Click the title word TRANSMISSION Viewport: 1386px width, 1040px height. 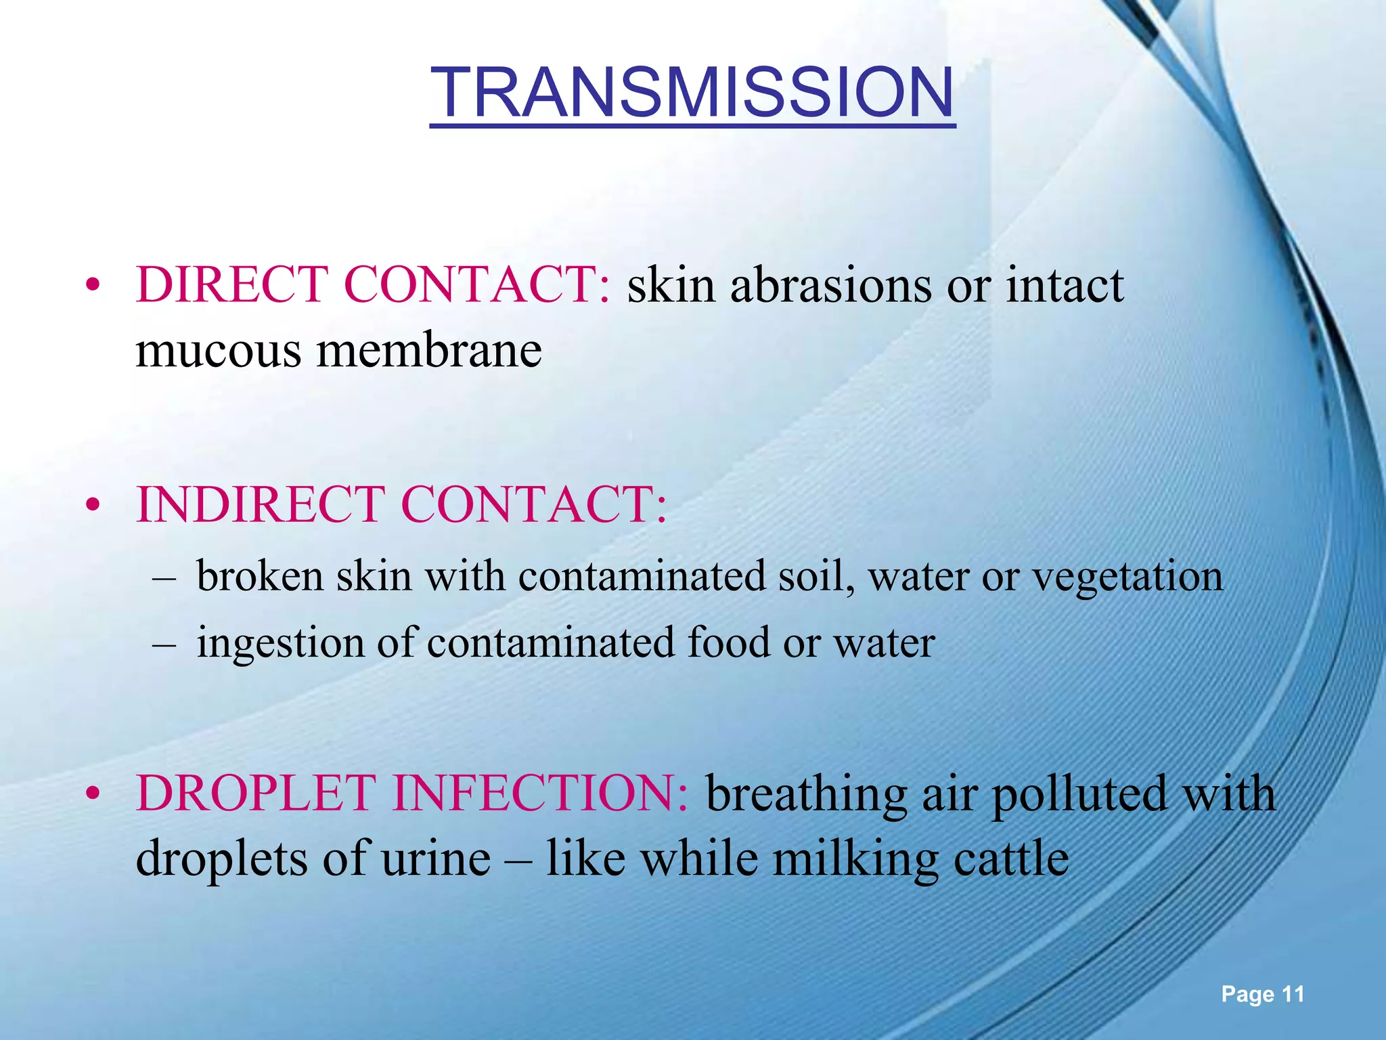692,93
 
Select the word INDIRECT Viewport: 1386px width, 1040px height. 261,505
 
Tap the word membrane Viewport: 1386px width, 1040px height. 429,351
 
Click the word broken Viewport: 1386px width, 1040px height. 260,577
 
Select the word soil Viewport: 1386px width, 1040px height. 816,577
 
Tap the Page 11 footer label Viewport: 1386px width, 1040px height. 1262,994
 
